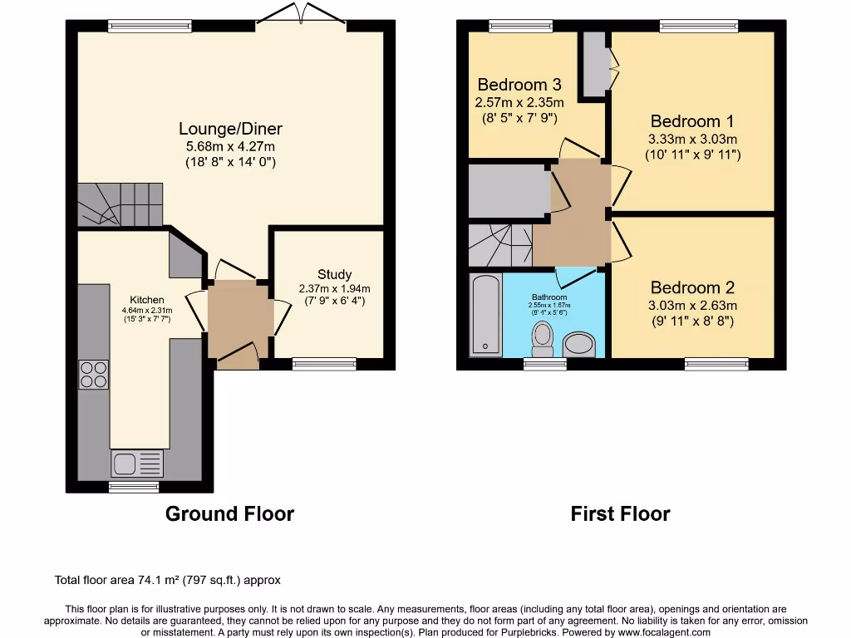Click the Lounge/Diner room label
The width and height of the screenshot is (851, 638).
(230, 129)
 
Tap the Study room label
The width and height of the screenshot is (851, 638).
(334, 274)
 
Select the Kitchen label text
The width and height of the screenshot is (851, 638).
(146, 300)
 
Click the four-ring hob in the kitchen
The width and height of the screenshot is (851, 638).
(94, 374)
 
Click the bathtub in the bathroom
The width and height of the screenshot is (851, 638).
(485, 316)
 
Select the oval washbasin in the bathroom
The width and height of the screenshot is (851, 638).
(579, 345)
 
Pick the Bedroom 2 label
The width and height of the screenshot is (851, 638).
(692, 287)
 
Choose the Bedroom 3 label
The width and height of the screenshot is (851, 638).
(519, 85)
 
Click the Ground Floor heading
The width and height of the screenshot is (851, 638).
(229, 513)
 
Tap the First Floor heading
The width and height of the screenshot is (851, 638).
(620, 513)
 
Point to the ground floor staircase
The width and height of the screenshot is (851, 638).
(120, 204)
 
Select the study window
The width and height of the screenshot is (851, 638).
(324, 362)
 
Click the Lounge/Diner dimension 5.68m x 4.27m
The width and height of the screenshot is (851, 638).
(230, 147)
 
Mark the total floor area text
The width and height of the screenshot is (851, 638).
(173, 580)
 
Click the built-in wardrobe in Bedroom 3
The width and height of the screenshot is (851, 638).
(594, 64)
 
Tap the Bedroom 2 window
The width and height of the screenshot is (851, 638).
(716, 362)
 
